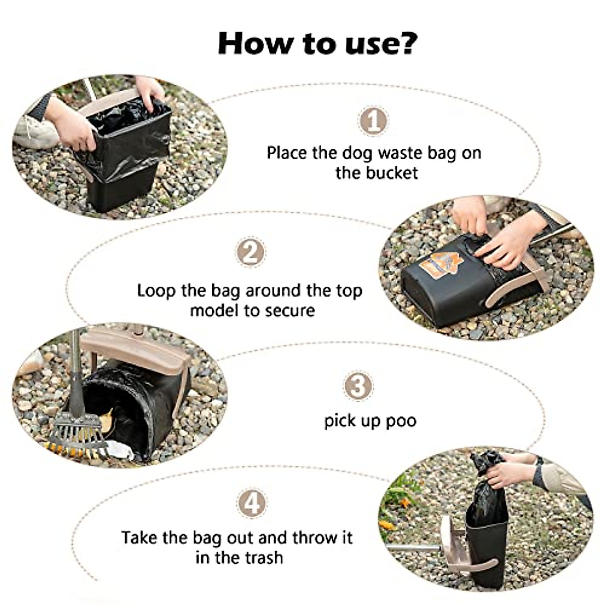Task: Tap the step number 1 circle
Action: click(x=373, y=121)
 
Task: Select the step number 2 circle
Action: click(x=251, y=252)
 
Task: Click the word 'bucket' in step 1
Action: click(x=392, y=173)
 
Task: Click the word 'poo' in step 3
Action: click(x=401, y=420)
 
